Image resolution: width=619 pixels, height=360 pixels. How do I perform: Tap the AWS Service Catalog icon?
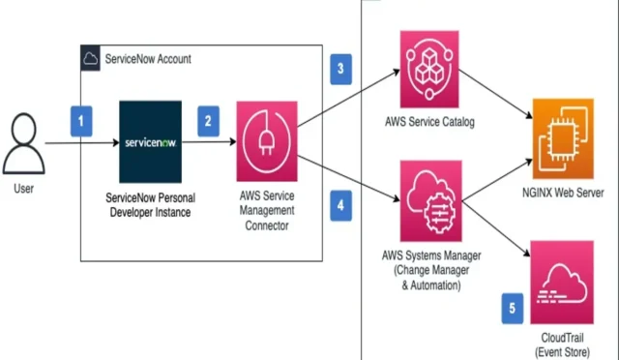pos(427,68)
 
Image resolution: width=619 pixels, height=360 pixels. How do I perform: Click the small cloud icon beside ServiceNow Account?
pos(90,59)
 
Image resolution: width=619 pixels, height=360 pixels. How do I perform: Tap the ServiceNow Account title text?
pos(147,59)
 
